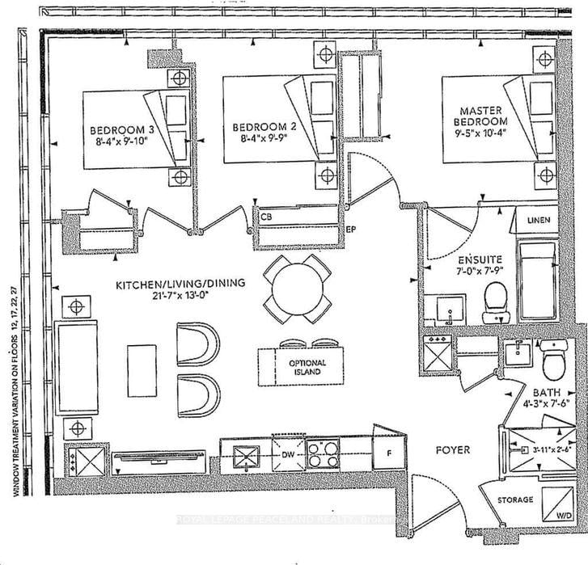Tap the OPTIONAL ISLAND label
coord(307,368)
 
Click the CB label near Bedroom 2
coord(266,217)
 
